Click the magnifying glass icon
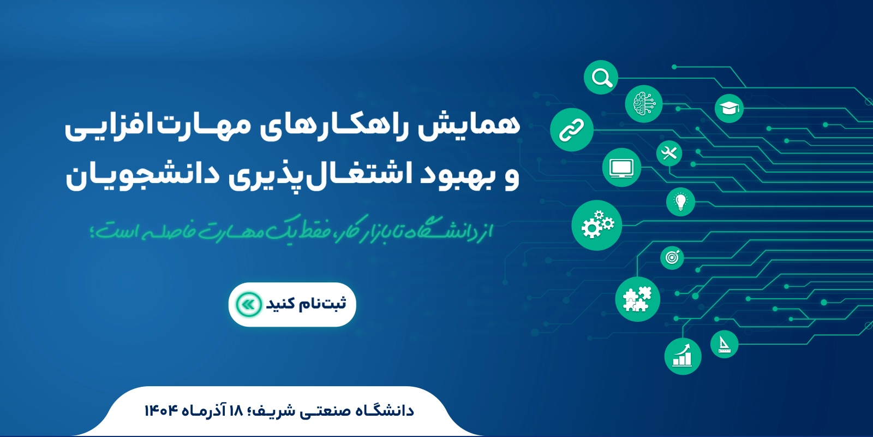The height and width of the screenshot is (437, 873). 601,77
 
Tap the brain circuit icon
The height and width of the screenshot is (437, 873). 644,104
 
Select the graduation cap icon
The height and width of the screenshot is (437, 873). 729,108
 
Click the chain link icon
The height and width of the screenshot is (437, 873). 572,129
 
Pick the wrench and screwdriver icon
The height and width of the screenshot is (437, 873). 669,153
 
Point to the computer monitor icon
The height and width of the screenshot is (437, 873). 621,167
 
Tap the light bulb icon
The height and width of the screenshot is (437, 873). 680,202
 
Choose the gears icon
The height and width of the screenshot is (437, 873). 597,225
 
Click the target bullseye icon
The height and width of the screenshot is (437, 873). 672,257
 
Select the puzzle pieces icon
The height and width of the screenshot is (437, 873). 638,299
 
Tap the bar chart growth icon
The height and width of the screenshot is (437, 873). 683,356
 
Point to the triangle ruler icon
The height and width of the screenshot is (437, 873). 724,344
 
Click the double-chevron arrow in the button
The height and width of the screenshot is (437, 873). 249,304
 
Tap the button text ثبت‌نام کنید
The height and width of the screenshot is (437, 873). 306,304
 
